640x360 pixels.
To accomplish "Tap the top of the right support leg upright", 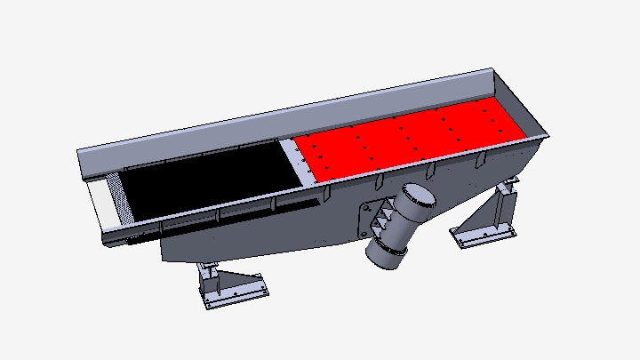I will (508, 188).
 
